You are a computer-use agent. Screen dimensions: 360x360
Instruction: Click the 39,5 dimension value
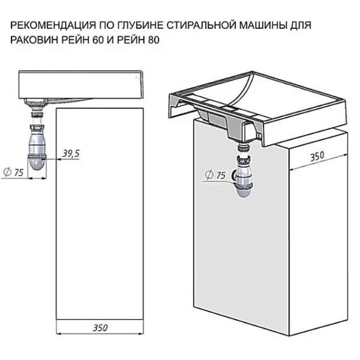71,153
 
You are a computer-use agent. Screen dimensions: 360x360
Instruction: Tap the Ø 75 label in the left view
14,172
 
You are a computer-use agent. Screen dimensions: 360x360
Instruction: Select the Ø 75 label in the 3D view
216,175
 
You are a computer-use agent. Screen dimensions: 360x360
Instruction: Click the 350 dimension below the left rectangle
100,328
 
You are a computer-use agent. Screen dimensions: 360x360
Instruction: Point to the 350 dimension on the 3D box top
317,157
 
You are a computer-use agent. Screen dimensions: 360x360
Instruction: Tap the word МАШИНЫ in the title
263,25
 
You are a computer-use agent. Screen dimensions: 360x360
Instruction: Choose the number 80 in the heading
154,40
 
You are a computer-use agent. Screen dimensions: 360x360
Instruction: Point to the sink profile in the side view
81,85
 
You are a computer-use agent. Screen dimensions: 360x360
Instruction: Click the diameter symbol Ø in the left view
7,172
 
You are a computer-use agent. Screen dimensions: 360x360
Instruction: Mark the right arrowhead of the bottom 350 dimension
141,333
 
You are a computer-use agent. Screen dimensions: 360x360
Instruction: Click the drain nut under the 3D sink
244,147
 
